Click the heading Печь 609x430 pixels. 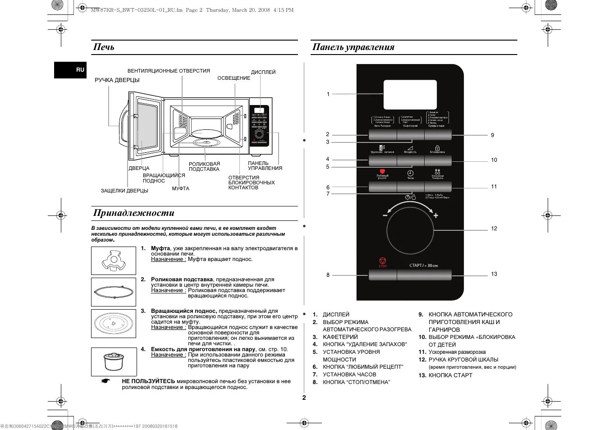pos(104,47)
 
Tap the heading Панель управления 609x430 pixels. pos(353,47)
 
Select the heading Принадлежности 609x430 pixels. pos(133,213)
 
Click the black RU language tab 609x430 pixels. pos(70,70)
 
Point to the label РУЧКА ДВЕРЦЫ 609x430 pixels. pos(117,80)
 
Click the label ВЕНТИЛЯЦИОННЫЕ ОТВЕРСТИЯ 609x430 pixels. pos(169,71)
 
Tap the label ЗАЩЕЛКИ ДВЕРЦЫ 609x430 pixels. pos(124,191)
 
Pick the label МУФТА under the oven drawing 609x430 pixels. pos(180,188)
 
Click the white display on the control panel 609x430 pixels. pos(410,95)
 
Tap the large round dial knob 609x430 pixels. pos(410,230)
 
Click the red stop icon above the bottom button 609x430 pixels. pos(382,261)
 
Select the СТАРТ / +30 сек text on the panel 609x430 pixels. pos(423,265)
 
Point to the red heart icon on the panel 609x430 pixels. pos(382,171)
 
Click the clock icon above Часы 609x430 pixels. pos(410,173)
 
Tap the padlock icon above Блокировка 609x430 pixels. pos(437,148)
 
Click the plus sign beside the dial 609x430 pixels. pos(435,215)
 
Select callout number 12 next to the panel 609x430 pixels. pos(494,229)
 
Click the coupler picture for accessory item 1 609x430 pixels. pos(114,261)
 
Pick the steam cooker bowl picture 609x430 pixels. pos(114,361)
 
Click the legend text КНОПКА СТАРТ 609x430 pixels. pos(450,375)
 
